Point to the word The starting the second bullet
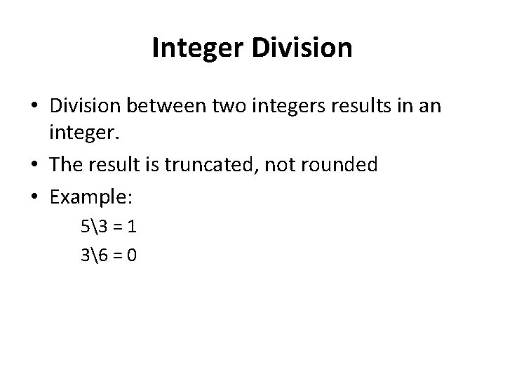pos(67,165)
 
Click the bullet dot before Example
pos(35,198)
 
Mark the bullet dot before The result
pos(35,165)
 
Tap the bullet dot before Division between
pos(35,107)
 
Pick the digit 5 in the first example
pos(86,230)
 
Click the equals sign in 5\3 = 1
pos(117,230)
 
